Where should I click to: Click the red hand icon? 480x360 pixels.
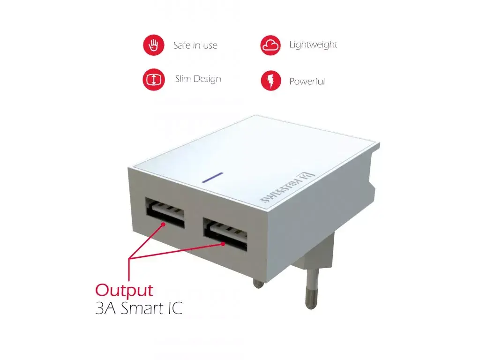pyautogui.click(x=154, y=45)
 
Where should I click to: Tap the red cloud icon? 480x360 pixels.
pyautogui.click(x=270, y=45)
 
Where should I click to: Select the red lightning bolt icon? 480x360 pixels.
pyautogui.click(x=270, y=81)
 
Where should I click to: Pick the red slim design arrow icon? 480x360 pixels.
pyautogui.click(x=154, y=80)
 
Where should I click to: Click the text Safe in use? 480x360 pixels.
pyautogui.click(x=195, y=45)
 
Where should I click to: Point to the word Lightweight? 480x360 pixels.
pyautogui.click(x=313, y=45)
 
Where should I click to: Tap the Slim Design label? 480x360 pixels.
pyautogui.click(x=198, y=79)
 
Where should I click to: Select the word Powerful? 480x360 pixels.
pyautogui.click(x=307, y=82)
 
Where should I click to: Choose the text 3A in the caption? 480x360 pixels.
pyautogui.click(x=105, y=308)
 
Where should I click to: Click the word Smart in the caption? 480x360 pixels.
pyautogui.click(x=142, y=308)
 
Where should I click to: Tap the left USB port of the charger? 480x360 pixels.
pyautogui.click(x=165, y=212)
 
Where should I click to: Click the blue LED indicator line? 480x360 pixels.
pyautogui.click(x=212, y=178)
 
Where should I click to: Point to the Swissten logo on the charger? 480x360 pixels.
pyautogui.click(x=287, y=187)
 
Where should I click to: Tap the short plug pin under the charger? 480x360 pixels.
pyautogui.click(x=258, y=284)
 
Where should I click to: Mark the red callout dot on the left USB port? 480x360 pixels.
pyautogui.click(x=164, y=225)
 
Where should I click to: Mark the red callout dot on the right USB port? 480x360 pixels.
pyautogui.click(x=224, y=244)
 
